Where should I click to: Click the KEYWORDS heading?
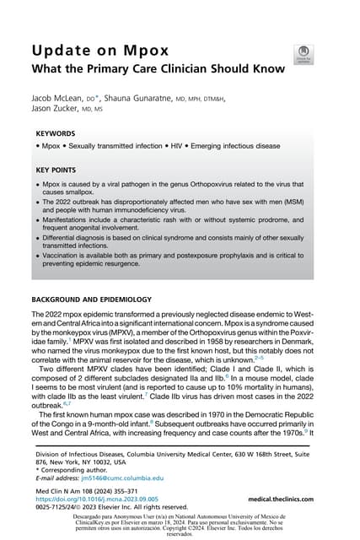click(56, 133)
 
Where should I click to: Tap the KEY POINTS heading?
click(58, 169)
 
